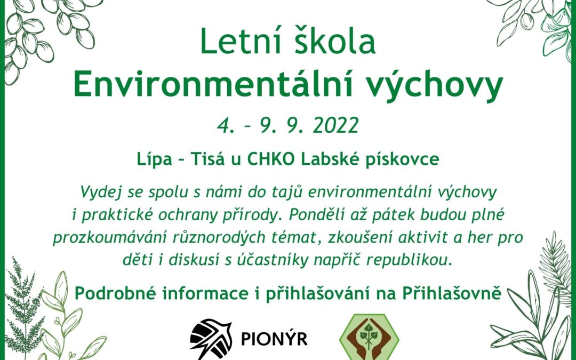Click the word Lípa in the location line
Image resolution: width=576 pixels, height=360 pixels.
point(151,159)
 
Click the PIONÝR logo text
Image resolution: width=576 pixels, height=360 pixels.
point(274,339)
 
